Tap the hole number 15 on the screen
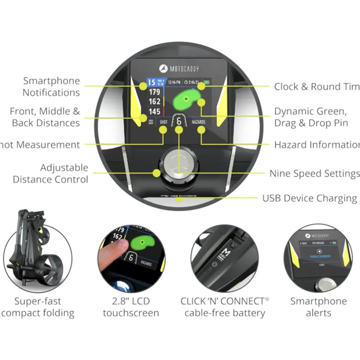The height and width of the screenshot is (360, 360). [151, 82]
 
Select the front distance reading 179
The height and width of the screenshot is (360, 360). [154, 92]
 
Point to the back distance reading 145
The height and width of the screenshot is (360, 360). [154, 112]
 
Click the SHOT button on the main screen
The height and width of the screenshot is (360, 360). [163, 122]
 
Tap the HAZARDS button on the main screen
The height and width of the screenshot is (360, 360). [198, 122]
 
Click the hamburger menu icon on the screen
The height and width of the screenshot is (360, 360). [151, 122]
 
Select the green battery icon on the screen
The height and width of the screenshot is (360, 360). [207, 82]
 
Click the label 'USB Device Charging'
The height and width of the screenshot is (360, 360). [310, 198]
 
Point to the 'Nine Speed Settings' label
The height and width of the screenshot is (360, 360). [314, 174]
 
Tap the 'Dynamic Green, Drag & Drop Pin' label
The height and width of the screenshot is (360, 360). [311, 117]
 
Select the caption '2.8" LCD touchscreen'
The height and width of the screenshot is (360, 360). [131, 307]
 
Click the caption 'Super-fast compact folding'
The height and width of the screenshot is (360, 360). [38, 307]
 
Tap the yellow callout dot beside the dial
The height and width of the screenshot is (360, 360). [156, 173]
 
